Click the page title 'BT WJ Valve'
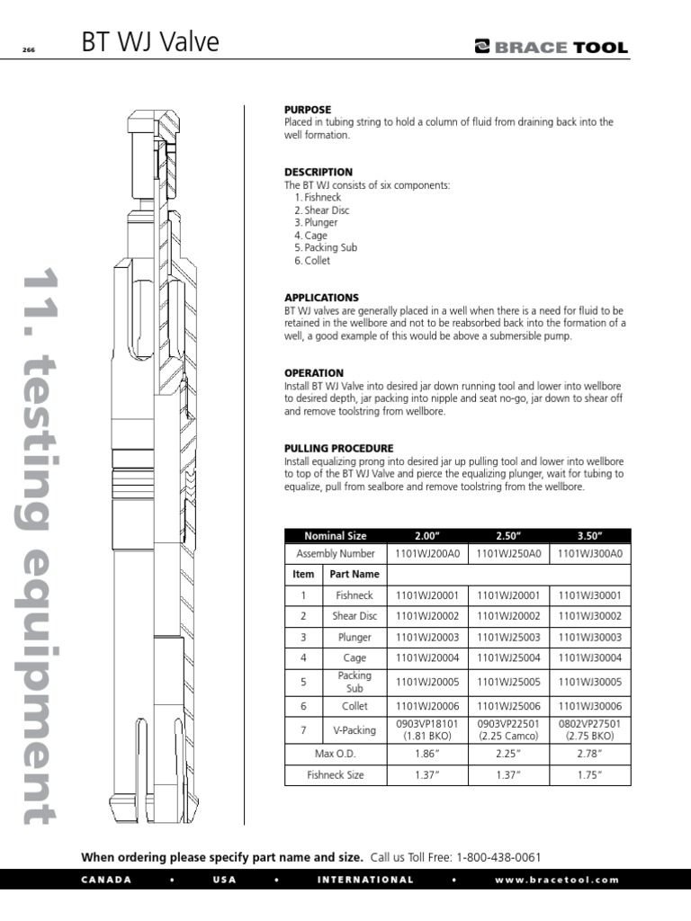[x=149, y=43]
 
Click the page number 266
[x=28, y=50]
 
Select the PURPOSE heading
[x=308, y=110]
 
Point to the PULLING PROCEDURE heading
[x=338, y=448]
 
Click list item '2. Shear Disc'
[x=321, y=210]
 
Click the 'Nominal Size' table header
[x=335, y=535]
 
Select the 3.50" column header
[x=588, y=535]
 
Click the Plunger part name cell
[x=354, y=637]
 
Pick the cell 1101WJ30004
[x=588, y=657]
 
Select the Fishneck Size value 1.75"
[x=588, y=773]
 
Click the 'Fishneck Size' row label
[x=335, y=773]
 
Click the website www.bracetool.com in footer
[x=557, y=880]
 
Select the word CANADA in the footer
[x=106, y=880]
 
